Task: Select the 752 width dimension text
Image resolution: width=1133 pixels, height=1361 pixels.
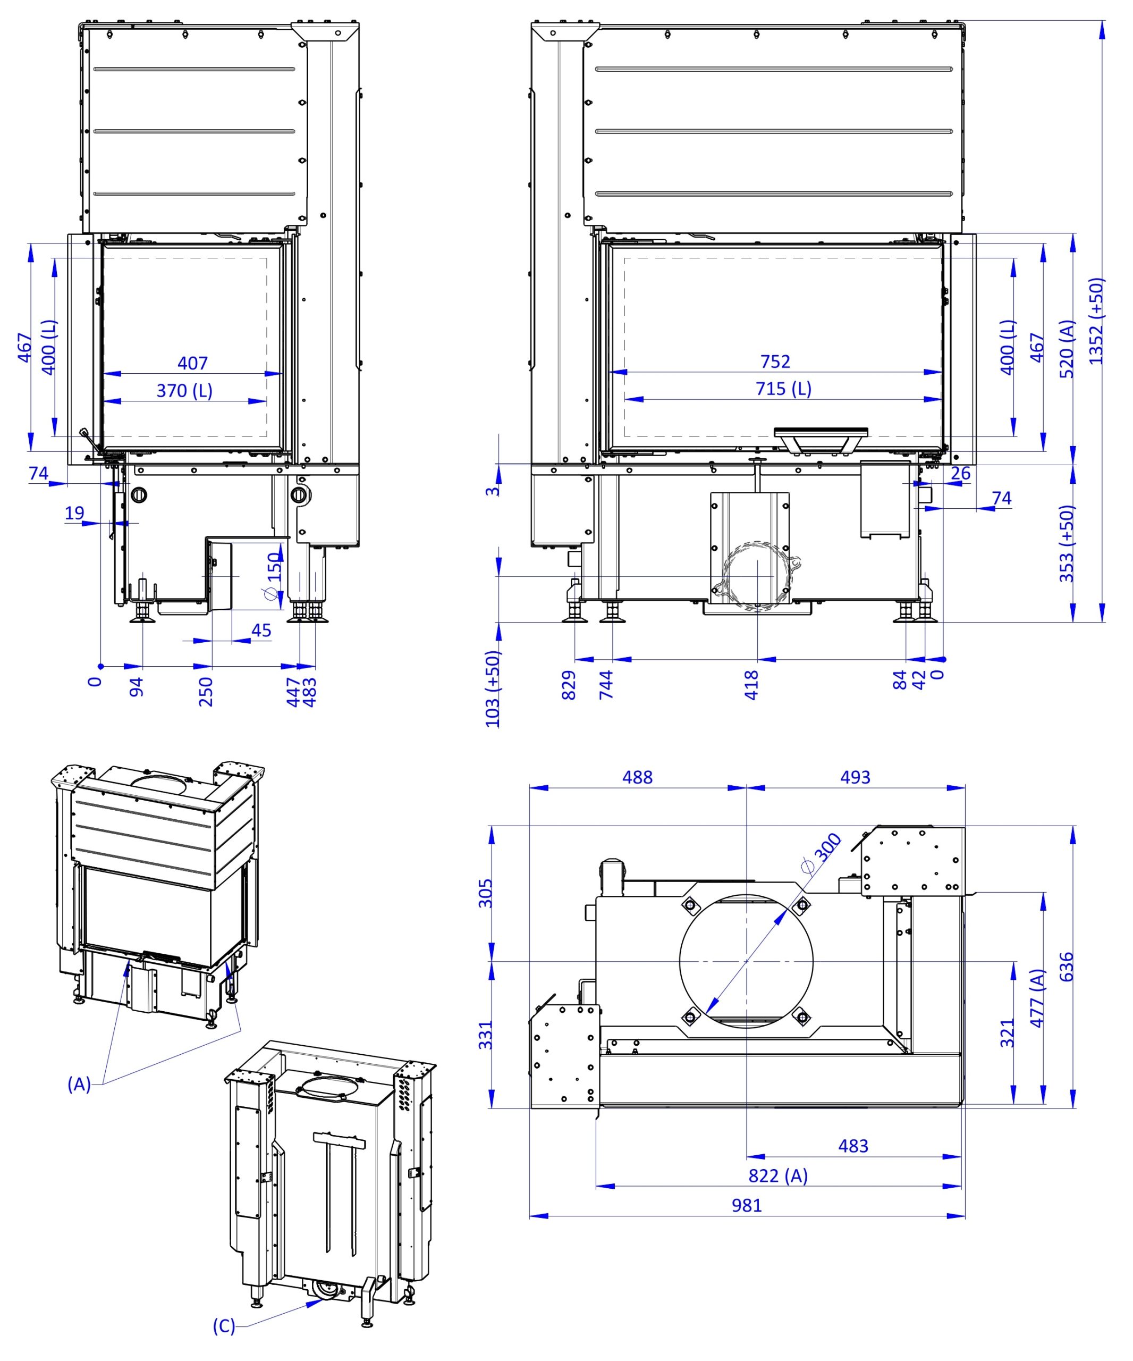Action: [x=775, y=361]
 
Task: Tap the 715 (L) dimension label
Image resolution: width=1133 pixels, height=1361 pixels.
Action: [x=783, y=389]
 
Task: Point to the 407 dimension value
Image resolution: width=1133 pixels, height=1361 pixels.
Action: [x=192, y=363]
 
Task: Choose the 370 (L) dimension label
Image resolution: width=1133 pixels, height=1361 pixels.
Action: [x=184, y=391]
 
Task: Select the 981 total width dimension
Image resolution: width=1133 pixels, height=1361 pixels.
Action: [x=746, y=1205]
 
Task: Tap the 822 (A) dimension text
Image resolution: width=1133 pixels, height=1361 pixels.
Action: [x=778, y=1175]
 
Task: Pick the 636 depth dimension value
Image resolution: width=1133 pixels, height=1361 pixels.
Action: [x=1066, y=967]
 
